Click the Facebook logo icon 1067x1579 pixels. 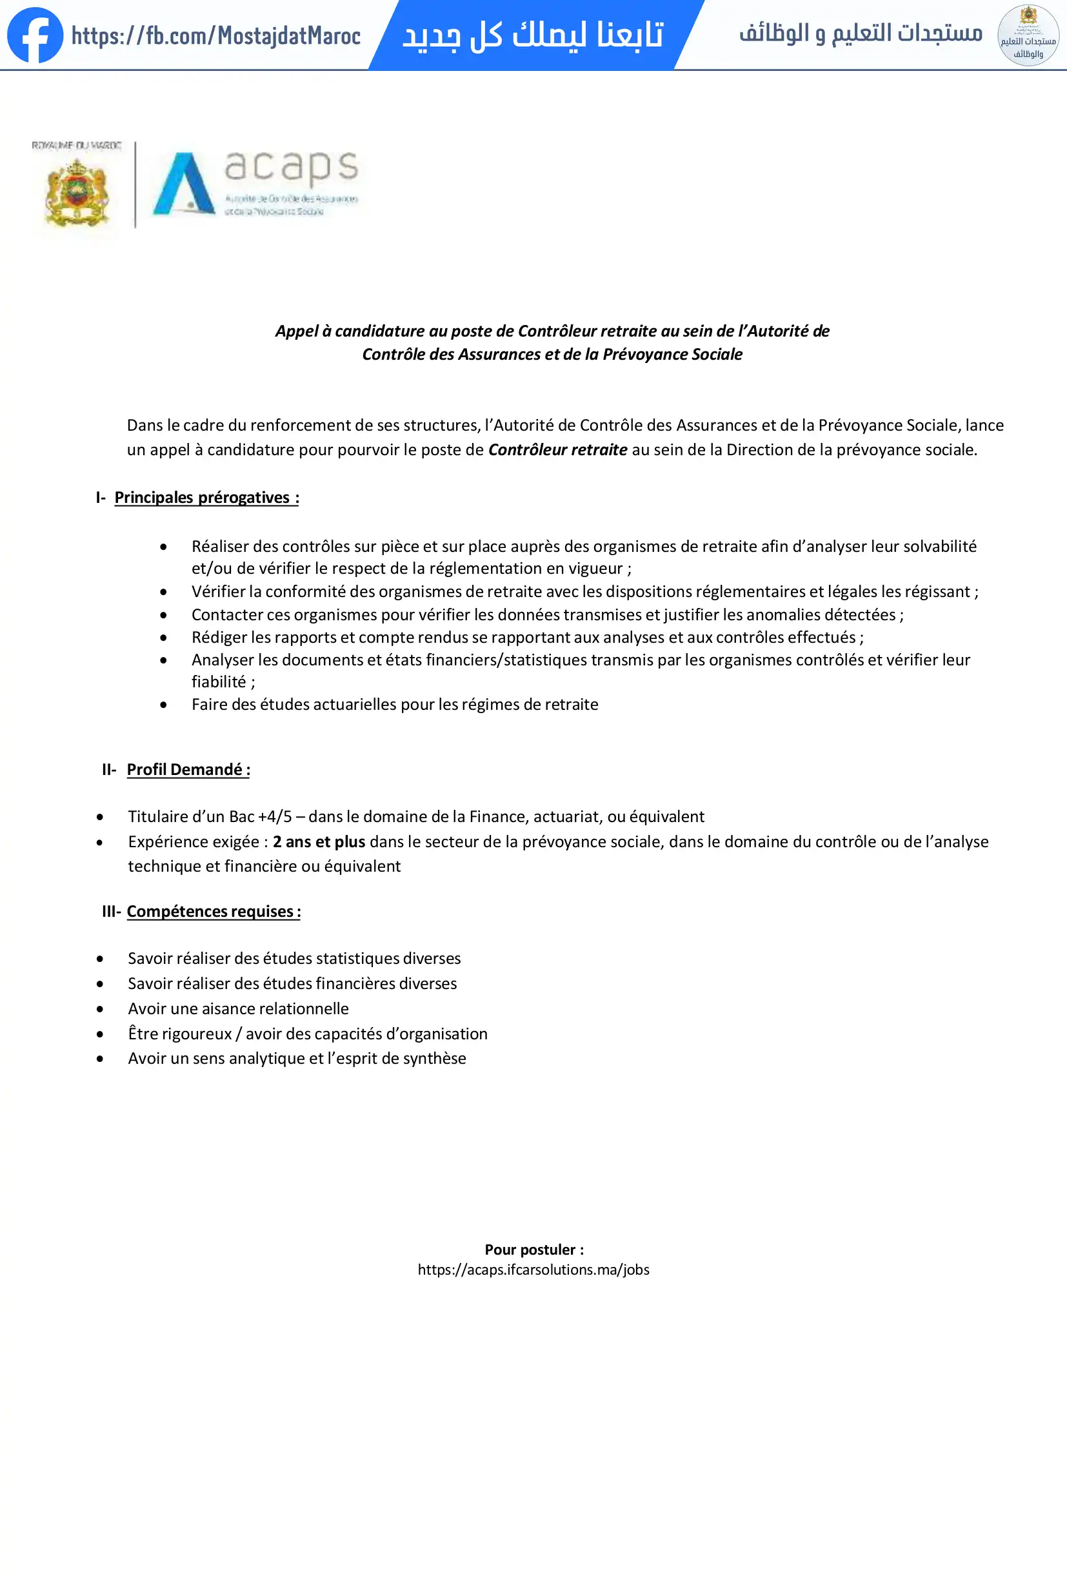[x=35, y=35]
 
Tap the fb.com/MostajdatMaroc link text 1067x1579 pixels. [x=215, y=35]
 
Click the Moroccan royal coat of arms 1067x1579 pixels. [x=77, y=192]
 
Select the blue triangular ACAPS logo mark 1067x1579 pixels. [x=182, y=184]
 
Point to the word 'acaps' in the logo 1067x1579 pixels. [x=291, y=166]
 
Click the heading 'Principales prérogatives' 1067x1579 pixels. [x=206, y=497]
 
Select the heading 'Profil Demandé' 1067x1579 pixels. [x=188, y=769]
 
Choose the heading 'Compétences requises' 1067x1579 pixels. [x=214, y=911]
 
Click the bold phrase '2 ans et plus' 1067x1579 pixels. [x=319, y=842]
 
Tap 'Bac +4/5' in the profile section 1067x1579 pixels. [x=260, y=817]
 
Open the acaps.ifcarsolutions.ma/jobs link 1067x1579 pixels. [x=533, y=1270]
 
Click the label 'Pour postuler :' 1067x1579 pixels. [x=534, y=1250]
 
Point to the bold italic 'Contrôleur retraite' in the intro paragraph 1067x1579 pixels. [x=557, y=450]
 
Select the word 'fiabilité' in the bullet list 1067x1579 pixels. [x=219, y=682]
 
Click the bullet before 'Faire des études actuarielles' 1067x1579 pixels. [x=164, y=705]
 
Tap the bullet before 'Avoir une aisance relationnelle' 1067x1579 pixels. [x=100, y=1009]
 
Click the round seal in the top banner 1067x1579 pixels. [x=1028, y=35]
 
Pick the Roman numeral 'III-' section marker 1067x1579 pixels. [x=112, y=911]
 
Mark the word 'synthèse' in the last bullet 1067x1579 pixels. [x=434, y=1059]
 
